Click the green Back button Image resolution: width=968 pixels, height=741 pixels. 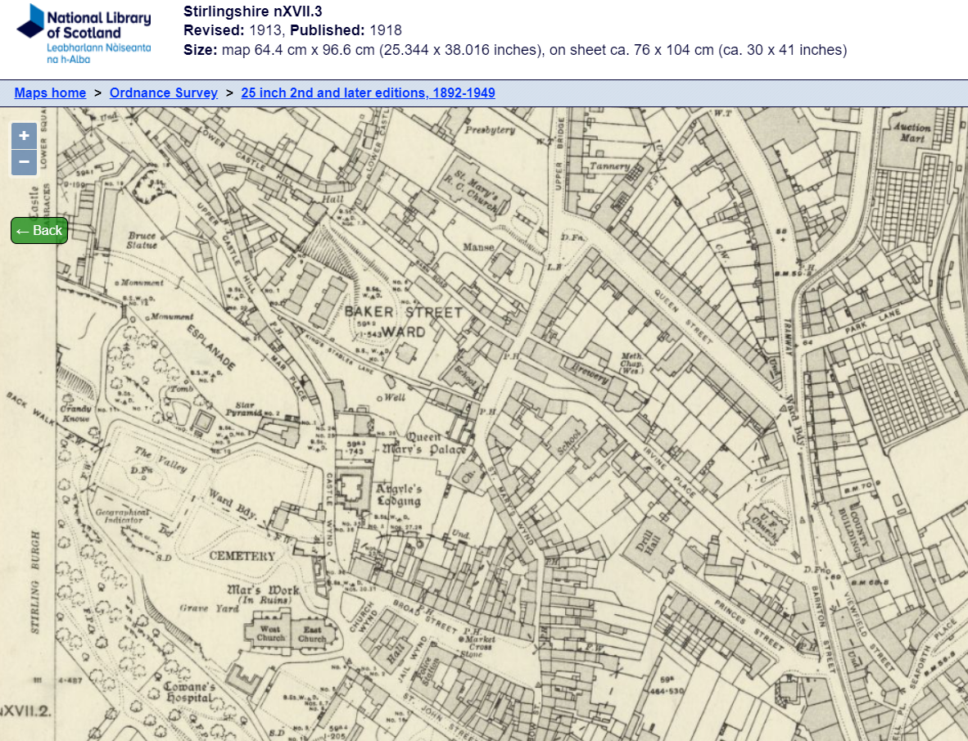coord(38,230)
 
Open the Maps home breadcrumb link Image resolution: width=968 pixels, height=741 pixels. coord(50,93)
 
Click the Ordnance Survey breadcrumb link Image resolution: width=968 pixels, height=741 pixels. coord(164,93)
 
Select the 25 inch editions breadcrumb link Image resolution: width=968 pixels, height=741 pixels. coord(368,93)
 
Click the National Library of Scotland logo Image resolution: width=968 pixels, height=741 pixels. coord(84,33)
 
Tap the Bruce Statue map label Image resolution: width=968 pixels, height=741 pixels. coord(142,241)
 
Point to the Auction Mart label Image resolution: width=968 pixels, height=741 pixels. coord(912,133)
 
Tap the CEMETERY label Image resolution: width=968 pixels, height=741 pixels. coord(242,556)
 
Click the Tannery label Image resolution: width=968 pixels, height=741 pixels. coord(610,166)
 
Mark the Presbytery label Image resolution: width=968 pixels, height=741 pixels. coord(490,129)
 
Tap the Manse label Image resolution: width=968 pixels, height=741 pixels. coord(479,246)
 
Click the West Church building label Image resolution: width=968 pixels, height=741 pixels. coord(271,633)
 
